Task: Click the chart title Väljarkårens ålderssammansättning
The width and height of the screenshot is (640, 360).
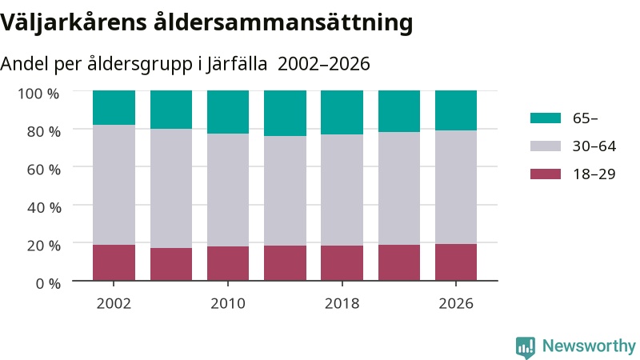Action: (206, 23)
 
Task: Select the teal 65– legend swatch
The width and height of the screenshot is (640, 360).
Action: (546, 118)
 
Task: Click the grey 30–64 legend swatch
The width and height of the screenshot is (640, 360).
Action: (546, 146)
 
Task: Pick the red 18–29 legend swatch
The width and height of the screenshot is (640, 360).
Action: (546, 174)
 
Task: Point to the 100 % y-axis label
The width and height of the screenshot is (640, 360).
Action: (38, 94)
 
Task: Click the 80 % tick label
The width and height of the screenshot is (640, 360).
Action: (44, 131)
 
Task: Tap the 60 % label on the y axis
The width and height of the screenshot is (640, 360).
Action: (44, 170)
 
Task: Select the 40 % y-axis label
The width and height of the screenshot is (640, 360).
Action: (44, 207)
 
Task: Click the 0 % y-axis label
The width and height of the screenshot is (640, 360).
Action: (48, 283)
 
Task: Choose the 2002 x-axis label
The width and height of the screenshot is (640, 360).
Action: (114, 304)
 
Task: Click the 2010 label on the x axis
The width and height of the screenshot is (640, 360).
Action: (228, 304)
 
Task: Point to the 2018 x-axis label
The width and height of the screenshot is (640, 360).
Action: (342, 304)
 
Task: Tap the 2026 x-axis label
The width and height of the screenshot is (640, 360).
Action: (456, 304)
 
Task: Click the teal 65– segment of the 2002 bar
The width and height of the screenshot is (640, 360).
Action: (114, 108)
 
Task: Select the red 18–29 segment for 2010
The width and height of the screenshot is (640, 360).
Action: (228, 263)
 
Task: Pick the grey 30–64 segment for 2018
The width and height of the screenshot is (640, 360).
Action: (342, 190)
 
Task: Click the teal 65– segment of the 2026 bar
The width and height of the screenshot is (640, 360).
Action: (456, 110)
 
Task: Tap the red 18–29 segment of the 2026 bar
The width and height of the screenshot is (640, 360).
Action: (456, 262)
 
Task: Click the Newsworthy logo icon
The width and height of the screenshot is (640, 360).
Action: (526, 347)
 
